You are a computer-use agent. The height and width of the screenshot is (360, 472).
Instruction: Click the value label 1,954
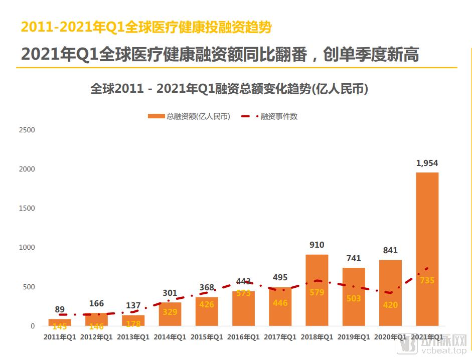[427, 163]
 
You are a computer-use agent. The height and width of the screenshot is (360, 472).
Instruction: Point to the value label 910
[317, 245]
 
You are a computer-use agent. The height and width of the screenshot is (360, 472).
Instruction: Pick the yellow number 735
[427, 281]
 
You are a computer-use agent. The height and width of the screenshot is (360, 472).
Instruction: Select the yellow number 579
[317, 292]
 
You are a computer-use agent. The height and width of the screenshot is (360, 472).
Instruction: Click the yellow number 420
[390, 305]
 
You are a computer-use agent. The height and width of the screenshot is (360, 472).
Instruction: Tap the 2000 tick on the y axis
[27, 169]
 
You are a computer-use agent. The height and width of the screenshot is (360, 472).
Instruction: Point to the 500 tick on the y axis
[29, 287]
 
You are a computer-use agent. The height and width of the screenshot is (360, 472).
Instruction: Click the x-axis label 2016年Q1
[243, 337]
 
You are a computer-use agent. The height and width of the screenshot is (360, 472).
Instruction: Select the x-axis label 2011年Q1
[60, 337]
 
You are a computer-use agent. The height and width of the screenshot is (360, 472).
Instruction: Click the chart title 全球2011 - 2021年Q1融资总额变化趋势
[229, 89]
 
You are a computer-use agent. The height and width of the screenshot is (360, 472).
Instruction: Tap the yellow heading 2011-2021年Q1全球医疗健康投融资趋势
[146, 27]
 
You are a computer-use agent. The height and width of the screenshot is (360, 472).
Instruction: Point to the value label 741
[354, 259]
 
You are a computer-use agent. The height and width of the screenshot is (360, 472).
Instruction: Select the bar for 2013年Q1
[133, 320]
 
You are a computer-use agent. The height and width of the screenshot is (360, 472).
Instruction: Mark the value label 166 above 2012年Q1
[96, 303]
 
